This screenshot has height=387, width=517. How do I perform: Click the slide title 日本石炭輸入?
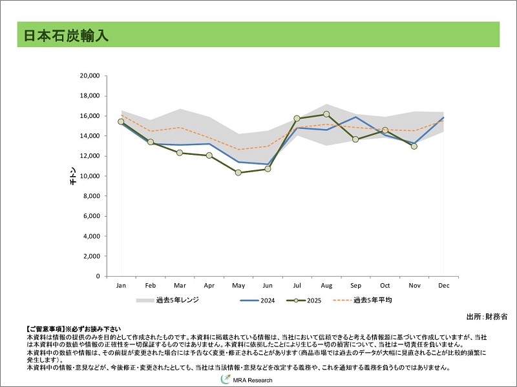tap(66, 35)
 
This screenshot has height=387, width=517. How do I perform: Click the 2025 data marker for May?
tap(238, 172)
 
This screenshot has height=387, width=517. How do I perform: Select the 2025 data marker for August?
tap(326, 114)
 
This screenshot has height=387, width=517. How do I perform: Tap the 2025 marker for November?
tap(414, 146)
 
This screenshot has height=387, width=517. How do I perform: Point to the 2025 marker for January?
tap(121, 121)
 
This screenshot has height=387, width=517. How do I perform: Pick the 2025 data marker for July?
tap(297, 119)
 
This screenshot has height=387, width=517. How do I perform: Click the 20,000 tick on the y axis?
tap(89, 76)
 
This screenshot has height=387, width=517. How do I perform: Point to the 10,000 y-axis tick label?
tap(89, 176)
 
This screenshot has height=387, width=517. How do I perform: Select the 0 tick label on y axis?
tap(97, 276)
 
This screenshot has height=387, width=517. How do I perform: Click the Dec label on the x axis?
tap(444, 285)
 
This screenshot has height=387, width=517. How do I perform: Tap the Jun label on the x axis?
tap(268, 285)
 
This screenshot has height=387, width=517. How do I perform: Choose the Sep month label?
tap(355, 285)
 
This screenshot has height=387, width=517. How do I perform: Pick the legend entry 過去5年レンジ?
tap(168, 301)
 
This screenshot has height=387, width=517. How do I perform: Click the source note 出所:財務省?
tap(487, 317)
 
